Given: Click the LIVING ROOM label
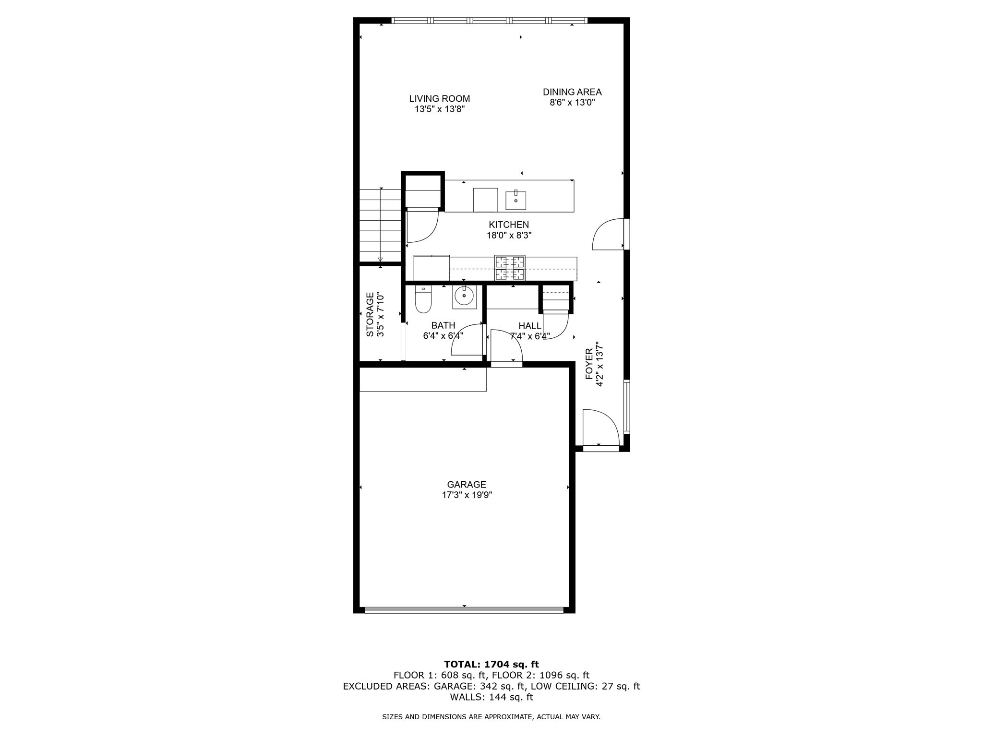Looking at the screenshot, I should point(439,99).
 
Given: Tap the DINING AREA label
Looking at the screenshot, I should point(572,92).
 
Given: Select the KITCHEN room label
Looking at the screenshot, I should point(509,225).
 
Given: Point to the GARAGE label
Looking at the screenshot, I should point(467,485).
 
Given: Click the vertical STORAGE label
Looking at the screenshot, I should point(370,314).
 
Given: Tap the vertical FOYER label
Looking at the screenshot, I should point(589,364).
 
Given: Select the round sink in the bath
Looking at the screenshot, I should point(464,296).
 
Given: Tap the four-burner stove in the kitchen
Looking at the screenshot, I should point(510,268).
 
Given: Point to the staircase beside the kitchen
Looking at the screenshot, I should point(380,226).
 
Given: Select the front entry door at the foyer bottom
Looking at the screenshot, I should point(600,428).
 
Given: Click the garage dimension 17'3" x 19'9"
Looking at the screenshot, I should point(467,495).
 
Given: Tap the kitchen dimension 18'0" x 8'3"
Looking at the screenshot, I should point(509,236).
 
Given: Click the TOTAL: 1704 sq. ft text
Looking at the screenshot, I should point(491,665).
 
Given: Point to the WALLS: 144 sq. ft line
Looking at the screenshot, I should point(491,697).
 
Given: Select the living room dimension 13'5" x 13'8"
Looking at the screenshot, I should point(440,109).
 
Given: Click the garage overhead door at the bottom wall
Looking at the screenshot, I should point(464,610).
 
